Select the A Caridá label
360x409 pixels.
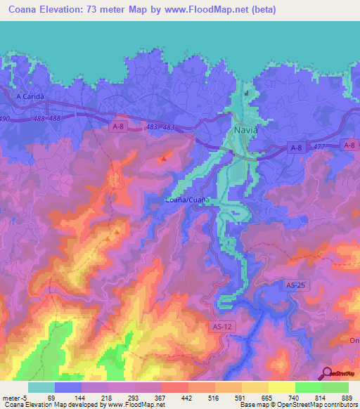point(29,96)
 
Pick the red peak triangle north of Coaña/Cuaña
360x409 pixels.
point(164,159)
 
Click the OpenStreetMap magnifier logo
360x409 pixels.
point(328,372)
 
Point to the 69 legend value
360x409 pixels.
point(49,397)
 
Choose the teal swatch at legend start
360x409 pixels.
point(41,387)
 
